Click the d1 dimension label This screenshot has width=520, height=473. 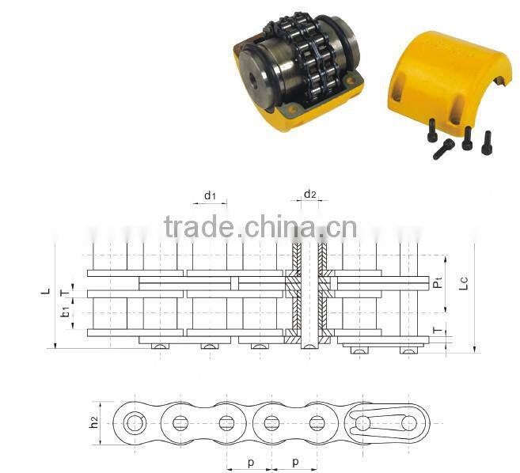pyautogui.click(x=210, y=195)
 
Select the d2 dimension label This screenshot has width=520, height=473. pyautogui.click(x=310, y=194)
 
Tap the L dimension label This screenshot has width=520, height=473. pyautogui.click(x=45, y=291)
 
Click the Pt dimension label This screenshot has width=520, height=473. pyautogui.click(x=438, y=281)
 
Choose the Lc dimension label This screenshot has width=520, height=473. pyautogui.click(x=465, y=281)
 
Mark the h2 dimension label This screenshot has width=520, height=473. pyautogui.click(x=94, y=423)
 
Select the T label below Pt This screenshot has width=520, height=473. pyautogui.click(x=438, y=330)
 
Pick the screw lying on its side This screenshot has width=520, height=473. pyautogui.click(x=443, y=148)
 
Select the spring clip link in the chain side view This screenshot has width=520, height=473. pyautogui.click(x=385, y=423)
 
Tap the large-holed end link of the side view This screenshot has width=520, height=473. pyautogui.click(x=135, y=423)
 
